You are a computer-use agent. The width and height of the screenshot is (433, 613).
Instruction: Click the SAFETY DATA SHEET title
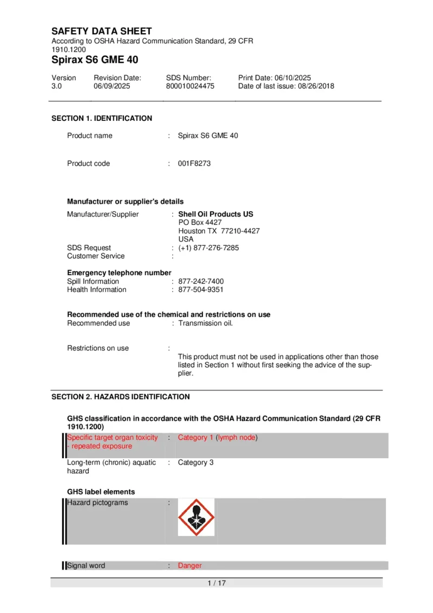[102, 31]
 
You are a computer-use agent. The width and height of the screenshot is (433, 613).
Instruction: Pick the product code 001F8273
[194, 164]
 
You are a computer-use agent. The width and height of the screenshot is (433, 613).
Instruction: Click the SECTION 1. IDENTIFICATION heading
[102, 119]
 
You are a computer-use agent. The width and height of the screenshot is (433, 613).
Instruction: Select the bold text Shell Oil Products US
[215, 214]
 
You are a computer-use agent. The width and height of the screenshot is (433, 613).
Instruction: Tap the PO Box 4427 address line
[200, 223]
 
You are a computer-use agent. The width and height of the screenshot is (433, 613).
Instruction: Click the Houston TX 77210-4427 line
[219, 231]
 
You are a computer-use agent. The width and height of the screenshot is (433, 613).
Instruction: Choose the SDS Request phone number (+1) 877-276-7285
[208, 248]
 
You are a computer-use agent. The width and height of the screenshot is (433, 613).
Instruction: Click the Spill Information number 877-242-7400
[201, 282]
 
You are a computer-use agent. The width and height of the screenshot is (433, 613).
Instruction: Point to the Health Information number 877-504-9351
[201, 290]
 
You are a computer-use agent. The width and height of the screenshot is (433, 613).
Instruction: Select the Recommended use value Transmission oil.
[205, 324]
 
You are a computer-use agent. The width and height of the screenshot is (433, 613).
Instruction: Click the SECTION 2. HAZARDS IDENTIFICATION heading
[120, 397]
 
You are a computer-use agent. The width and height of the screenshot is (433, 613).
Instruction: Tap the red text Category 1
[195, 438]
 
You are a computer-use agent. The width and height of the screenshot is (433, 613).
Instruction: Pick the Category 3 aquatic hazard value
[192, 463]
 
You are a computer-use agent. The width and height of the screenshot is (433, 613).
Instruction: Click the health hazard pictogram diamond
[196, 517]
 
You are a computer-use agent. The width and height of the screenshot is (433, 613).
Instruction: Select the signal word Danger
[189, 566]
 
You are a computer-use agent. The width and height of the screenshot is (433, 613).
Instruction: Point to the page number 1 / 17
[216, 583]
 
